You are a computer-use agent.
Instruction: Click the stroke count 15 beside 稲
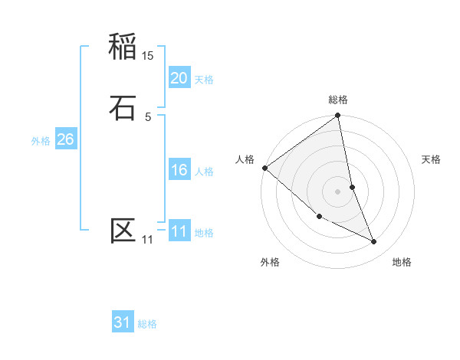(x=148, y=56)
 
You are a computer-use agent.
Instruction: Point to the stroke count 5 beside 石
(x=148, y=116)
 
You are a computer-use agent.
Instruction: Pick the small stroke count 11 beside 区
(x=147, y=240)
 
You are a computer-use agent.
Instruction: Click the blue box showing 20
(x=179, y=78)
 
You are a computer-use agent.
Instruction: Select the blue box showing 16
(x=179, y=170)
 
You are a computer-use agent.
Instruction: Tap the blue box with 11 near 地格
(x=179, y=232)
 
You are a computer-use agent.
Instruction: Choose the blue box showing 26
(x=65, y=139)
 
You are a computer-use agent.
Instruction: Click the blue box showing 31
(x=123, y=323)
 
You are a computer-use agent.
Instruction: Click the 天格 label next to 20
(x=204, y=80)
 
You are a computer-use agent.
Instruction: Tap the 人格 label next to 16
(x=204, y=172)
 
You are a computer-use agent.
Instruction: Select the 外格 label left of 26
(x=41, y=141)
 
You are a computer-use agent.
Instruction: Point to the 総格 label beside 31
(x=147, y=325)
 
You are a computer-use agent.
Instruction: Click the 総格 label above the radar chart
(x=338, y=100)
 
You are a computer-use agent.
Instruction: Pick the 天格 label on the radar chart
(x=432, y=159)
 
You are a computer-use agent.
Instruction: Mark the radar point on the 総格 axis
(x=338, y=116)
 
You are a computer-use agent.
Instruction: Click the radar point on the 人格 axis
(x=264, y=168)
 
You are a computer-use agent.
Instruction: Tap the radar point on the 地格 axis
(x=374, y=241)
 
